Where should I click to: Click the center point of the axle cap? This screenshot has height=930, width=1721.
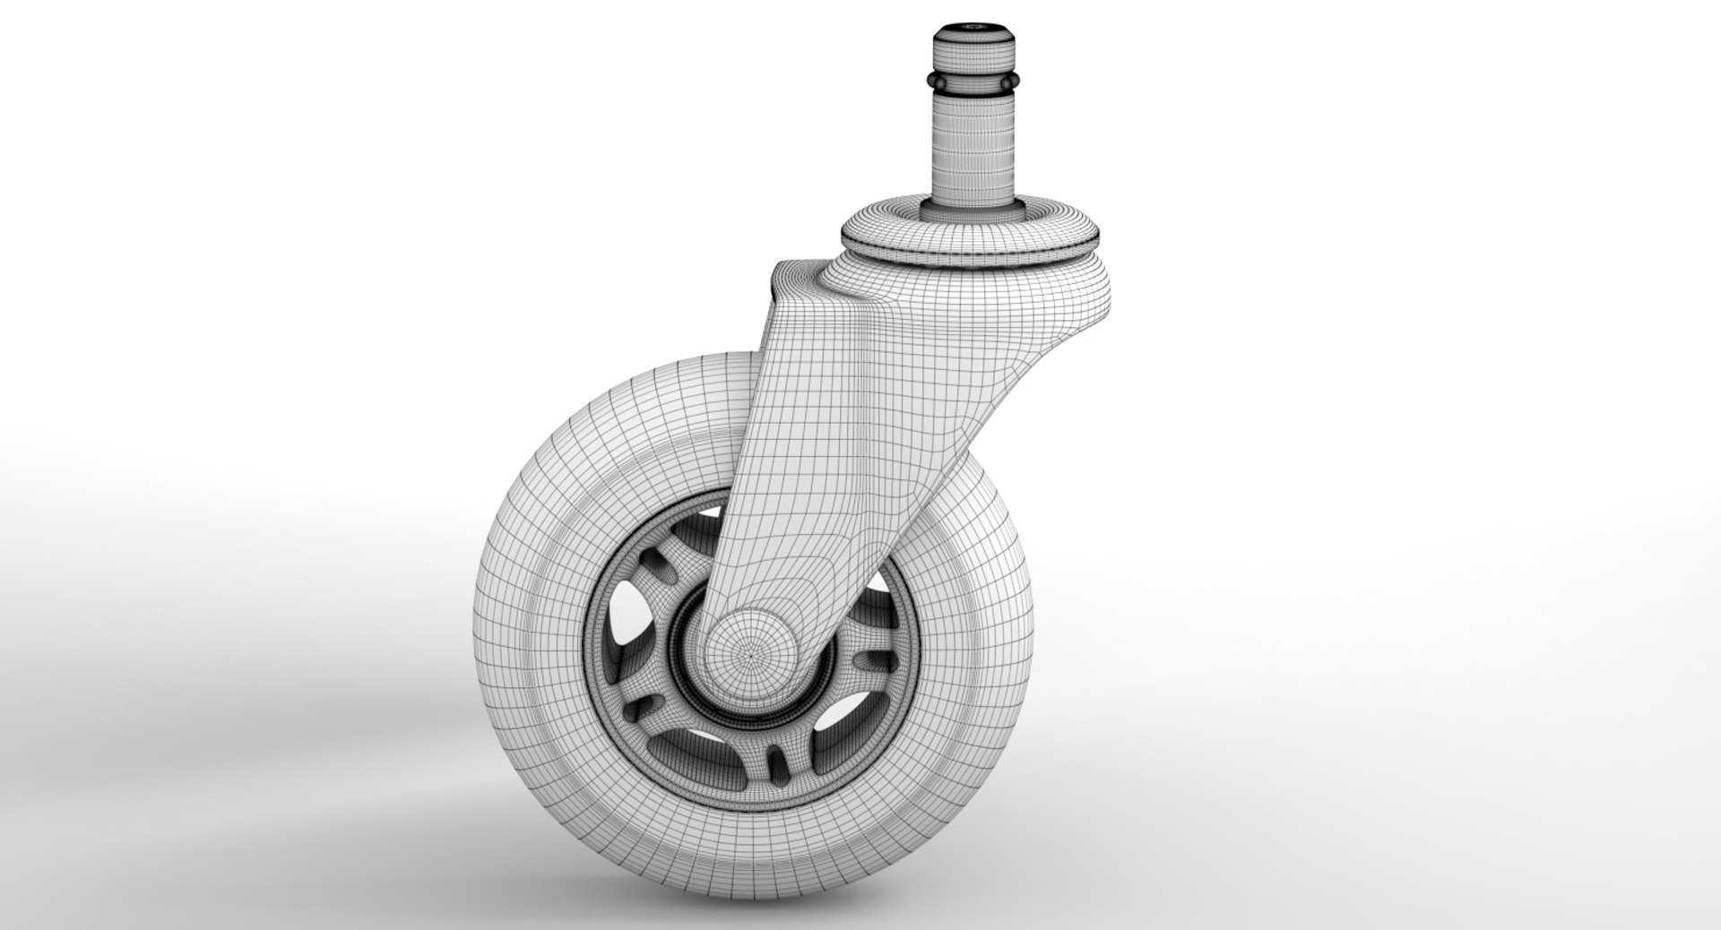749,657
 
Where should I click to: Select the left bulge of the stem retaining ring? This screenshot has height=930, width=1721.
937,83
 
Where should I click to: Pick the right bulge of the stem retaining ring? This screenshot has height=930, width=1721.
1010,83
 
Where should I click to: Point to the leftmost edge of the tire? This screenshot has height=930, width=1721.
474,627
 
